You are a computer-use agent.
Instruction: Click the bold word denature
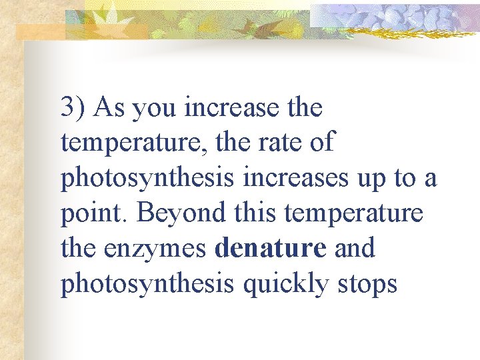pos(271,249)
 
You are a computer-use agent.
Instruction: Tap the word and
pos(353,249)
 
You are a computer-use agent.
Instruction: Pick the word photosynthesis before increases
pos(147,179)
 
